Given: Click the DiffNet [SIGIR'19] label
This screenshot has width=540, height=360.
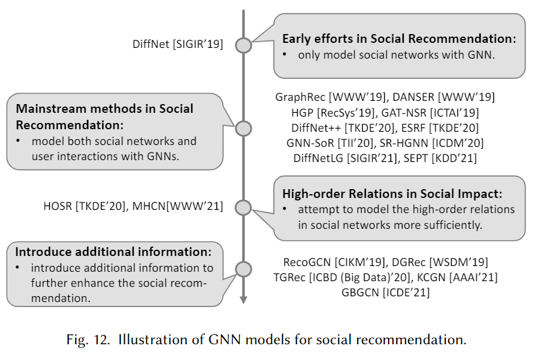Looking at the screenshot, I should (178, 44).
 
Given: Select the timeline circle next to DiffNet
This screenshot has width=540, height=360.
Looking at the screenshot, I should (243, 45).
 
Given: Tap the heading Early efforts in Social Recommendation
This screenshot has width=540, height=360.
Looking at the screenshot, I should (399, 38).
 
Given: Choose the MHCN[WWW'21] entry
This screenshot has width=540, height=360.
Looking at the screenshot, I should (177, 205).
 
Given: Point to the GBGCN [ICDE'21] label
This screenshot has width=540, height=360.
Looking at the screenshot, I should (385, 292).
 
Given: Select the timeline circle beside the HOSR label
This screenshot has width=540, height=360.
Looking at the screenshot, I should (243, 206).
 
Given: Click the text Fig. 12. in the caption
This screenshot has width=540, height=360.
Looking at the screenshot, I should (88, 340).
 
